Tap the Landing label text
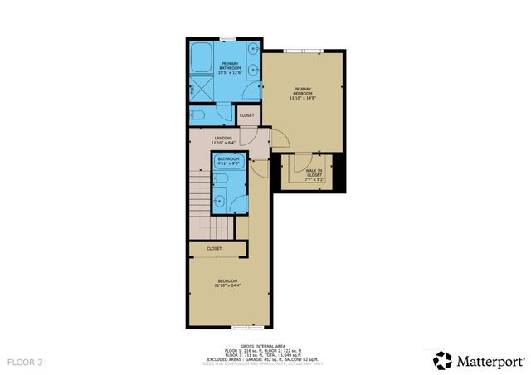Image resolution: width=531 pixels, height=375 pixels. coord(223,138)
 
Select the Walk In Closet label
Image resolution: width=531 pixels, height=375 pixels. coord(314,173)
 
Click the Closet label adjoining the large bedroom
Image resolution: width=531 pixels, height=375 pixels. coord(214,248)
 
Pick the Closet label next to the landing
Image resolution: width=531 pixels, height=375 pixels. coord(247,115)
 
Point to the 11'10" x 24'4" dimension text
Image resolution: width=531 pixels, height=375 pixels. coord(227,285)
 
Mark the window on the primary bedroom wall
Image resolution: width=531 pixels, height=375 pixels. coord(302,51)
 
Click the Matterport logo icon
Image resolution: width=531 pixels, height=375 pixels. coord(442,359)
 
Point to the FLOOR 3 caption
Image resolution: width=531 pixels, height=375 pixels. coord(25,362)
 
